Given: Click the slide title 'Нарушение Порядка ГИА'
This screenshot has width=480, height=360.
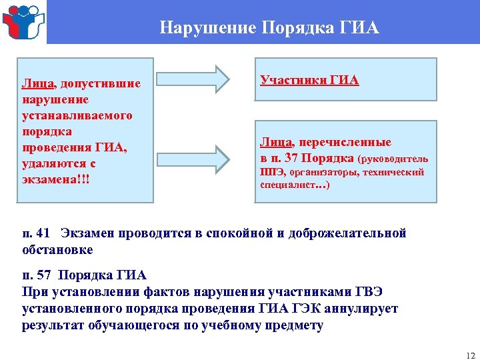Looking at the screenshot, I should point(269,28).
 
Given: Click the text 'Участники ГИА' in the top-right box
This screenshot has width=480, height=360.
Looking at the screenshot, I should point(309,80).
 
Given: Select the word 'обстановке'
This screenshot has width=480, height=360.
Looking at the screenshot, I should point(57,250).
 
